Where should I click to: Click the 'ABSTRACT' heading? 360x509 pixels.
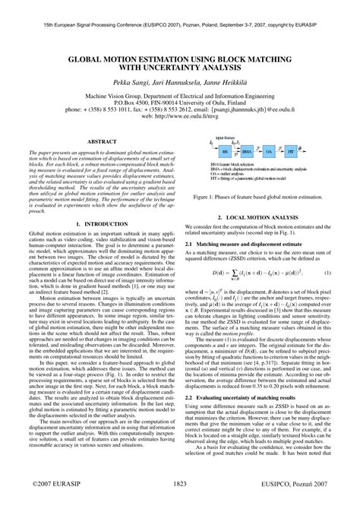point(102,141)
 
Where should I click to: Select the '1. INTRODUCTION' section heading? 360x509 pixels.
point(102,245)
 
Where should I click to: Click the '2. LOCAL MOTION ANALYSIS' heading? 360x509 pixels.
point(270,217)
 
